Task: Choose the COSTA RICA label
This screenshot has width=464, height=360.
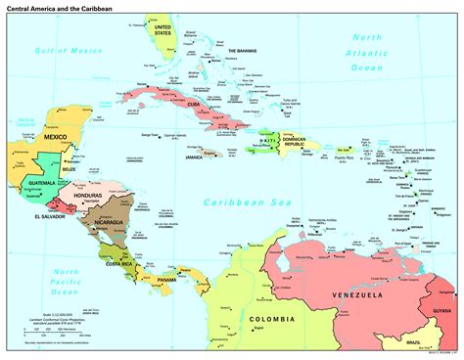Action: click(121, 264)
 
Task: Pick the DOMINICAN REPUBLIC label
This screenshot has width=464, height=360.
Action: click(297, 144)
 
